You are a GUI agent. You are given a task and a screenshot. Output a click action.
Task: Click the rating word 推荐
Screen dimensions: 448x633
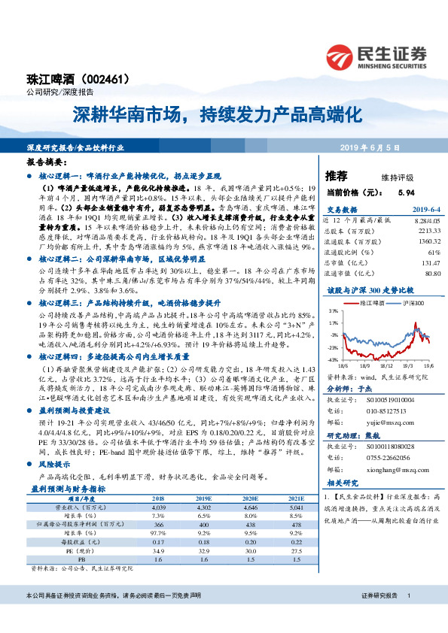click(336, 176)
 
